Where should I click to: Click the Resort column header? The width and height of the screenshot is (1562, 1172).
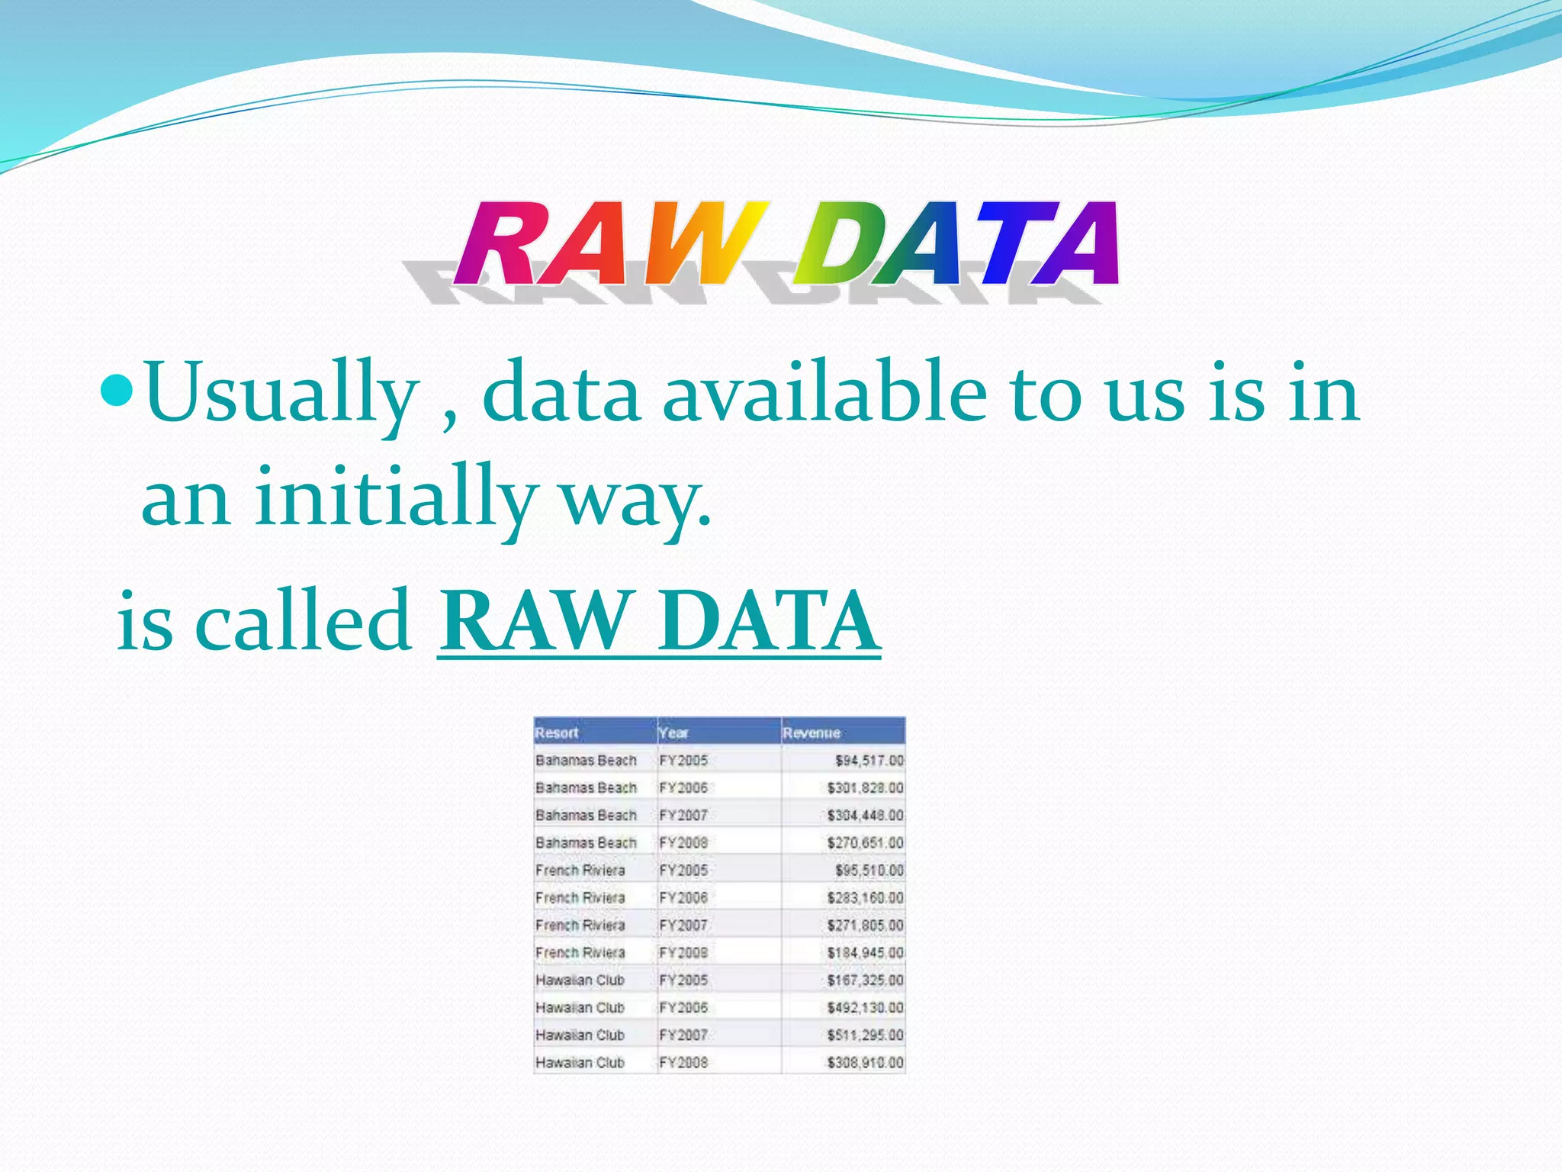tap(558, 732)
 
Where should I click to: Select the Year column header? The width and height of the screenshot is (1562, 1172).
tap(673, 732)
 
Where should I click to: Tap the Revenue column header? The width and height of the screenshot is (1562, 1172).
tap(812, 732)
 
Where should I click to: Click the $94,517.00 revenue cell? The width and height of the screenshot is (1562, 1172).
tap(869, 761)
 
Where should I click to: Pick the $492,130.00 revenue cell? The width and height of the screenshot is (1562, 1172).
tap(865, 1008)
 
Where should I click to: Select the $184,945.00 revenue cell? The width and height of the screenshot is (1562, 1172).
tap(865, 953)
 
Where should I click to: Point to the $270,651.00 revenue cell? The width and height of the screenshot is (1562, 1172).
tap(865, 843)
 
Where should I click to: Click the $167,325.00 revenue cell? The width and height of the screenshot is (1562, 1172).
tap(865, 980)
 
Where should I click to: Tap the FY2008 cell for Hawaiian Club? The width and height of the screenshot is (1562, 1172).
tap(683, 1063)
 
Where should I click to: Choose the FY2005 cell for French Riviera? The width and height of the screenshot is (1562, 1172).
tap(683, 871)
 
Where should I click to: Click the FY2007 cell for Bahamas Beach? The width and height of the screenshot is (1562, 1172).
tap(683, 816)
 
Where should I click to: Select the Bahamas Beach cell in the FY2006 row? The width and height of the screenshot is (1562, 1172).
tap(586, 788)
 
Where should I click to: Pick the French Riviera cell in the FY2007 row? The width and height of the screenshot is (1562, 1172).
tap(580, 926)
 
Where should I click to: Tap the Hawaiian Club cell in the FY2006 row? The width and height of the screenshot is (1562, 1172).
tap(580, 1008)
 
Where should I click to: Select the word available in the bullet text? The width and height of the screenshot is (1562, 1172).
tap(824, 393)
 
